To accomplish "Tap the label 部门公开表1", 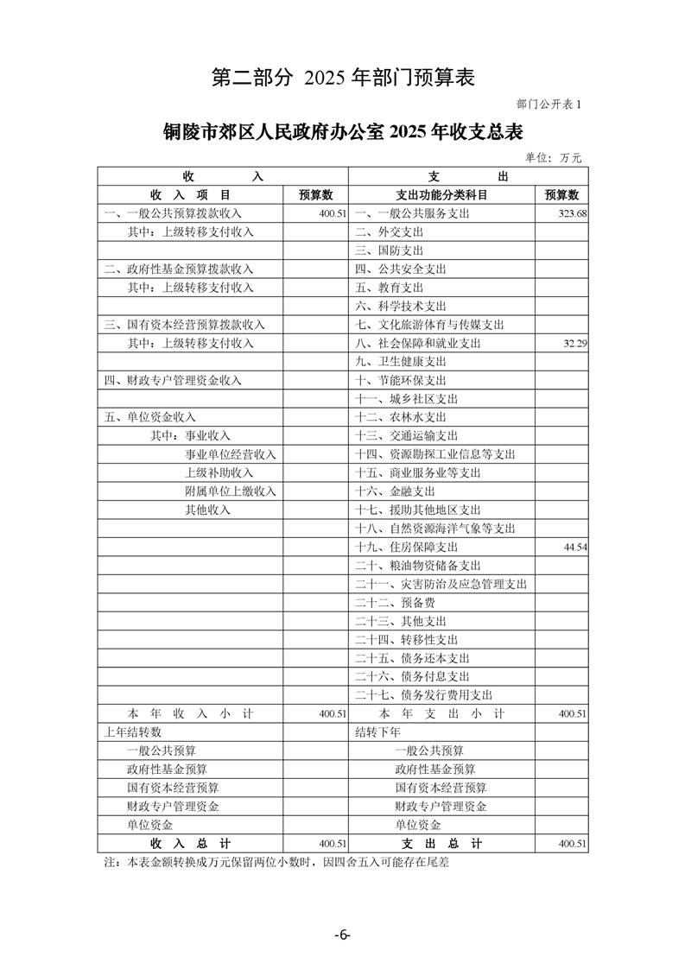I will click(x=550, y=104).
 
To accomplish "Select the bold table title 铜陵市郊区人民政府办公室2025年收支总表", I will click(x=343, y=131).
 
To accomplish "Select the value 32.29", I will click(x=574, y=343).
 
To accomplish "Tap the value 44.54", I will click(x=574, y=547).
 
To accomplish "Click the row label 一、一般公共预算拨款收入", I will click(x=173, y=213).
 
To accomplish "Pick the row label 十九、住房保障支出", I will click(x=406, y=547).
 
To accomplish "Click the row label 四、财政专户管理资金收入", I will click(x=173, y=380).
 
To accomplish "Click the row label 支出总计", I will click(x=441, y=843).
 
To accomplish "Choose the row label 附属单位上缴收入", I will click(x=231, y=491).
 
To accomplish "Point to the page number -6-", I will click(x=342, y=935).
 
